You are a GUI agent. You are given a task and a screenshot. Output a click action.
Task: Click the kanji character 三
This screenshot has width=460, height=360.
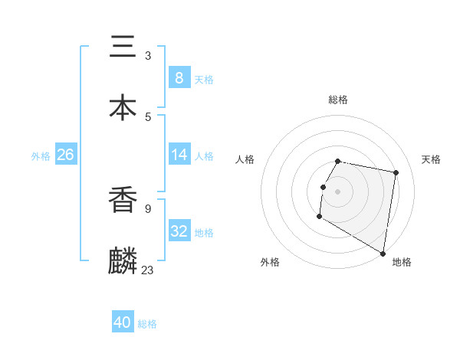123,47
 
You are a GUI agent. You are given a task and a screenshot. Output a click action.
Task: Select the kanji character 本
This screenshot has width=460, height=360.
123,107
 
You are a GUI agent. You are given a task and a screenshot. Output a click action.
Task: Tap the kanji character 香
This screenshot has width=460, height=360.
123,201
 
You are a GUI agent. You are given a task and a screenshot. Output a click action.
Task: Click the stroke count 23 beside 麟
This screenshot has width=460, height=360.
148,270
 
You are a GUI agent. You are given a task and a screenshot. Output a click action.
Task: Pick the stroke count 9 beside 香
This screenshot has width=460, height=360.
148,208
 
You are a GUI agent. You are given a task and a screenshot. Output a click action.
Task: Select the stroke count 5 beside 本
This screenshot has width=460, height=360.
148,116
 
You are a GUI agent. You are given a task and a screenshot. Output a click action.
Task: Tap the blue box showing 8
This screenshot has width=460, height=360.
179,77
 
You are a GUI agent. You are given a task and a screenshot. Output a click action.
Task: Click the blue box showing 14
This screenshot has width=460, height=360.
179,155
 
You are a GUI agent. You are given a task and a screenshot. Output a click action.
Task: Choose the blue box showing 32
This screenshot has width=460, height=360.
179,231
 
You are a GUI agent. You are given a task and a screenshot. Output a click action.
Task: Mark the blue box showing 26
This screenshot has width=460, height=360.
65,155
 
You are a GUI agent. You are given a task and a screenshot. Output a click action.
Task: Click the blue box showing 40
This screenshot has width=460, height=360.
123,322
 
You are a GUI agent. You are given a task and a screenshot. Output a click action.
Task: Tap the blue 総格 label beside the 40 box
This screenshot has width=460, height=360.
147,324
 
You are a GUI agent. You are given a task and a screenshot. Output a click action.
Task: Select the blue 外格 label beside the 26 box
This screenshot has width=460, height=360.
41,156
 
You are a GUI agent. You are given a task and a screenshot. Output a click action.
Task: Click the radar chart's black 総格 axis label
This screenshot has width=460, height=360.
338,100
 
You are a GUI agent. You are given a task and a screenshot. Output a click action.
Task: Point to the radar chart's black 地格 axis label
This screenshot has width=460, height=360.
402,262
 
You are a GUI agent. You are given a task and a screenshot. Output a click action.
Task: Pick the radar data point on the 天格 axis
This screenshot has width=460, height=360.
396,172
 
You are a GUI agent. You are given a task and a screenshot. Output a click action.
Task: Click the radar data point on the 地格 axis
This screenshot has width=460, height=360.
383,253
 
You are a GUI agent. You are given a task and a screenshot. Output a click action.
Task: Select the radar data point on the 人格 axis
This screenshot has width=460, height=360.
324,187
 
